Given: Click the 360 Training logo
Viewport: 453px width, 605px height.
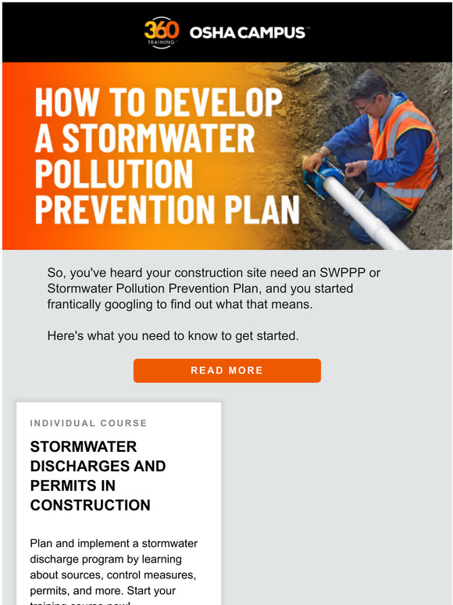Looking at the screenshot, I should pyautogui.click(x=162, y=32).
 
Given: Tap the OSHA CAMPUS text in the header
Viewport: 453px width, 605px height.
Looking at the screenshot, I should pyautogui.click(x=248, y=32).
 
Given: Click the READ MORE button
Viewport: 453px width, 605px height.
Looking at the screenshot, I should pyautogui.click(x=226, y=371).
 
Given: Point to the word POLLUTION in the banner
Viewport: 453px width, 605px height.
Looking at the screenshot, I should pyautogui.click(x=113, y=174).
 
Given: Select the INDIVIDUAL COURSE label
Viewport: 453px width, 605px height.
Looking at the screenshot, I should pyautogui.click(x=88, y=423).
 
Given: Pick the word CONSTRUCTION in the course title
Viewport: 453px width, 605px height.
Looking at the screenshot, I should pyautogui.click(x=90, y=505).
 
